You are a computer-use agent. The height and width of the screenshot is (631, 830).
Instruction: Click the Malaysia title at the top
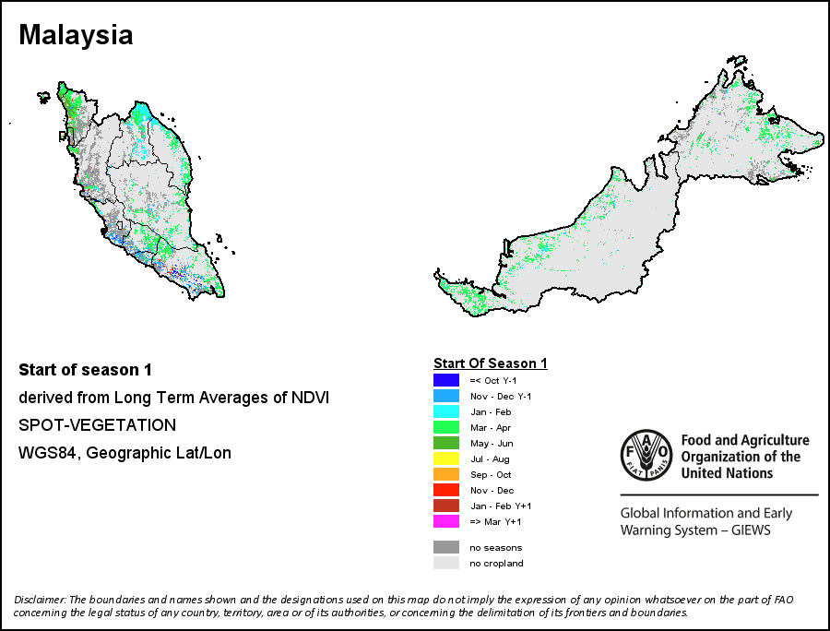(76, 35)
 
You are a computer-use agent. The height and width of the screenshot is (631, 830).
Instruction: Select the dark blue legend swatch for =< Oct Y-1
(446, 380)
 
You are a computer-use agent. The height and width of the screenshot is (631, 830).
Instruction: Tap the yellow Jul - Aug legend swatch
(446, 458)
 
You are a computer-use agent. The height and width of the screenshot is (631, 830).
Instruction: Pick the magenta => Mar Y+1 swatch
(446, 521)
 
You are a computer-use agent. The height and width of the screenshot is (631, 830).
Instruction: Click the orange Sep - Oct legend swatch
(446, 474)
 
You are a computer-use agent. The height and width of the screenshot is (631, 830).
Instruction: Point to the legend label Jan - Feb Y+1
(501, 506)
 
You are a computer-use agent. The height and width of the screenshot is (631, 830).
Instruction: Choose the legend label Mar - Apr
(491, 428)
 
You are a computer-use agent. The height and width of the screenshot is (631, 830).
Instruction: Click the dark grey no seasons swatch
(446, 547)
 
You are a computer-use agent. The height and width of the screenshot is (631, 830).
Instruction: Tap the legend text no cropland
(496, 564)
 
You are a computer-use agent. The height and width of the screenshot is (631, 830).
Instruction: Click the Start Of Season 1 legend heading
(491, 363)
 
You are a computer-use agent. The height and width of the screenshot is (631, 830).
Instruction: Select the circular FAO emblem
(646, 455)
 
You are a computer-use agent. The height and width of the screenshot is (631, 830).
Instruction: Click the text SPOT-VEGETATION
(98, 425)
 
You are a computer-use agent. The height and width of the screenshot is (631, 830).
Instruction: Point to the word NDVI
(310, 398)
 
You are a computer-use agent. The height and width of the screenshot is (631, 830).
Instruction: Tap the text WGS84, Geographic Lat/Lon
(125, 453)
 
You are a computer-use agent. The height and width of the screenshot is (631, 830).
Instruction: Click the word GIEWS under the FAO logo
(751, 530)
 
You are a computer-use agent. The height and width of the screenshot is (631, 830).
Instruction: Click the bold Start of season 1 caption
(85, 370)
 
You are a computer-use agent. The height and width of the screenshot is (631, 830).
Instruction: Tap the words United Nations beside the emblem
(727, 472)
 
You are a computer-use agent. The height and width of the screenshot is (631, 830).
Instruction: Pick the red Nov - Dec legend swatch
(446, 490)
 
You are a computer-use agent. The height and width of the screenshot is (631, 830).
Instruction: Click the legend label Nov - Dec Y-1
(501, 397)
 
